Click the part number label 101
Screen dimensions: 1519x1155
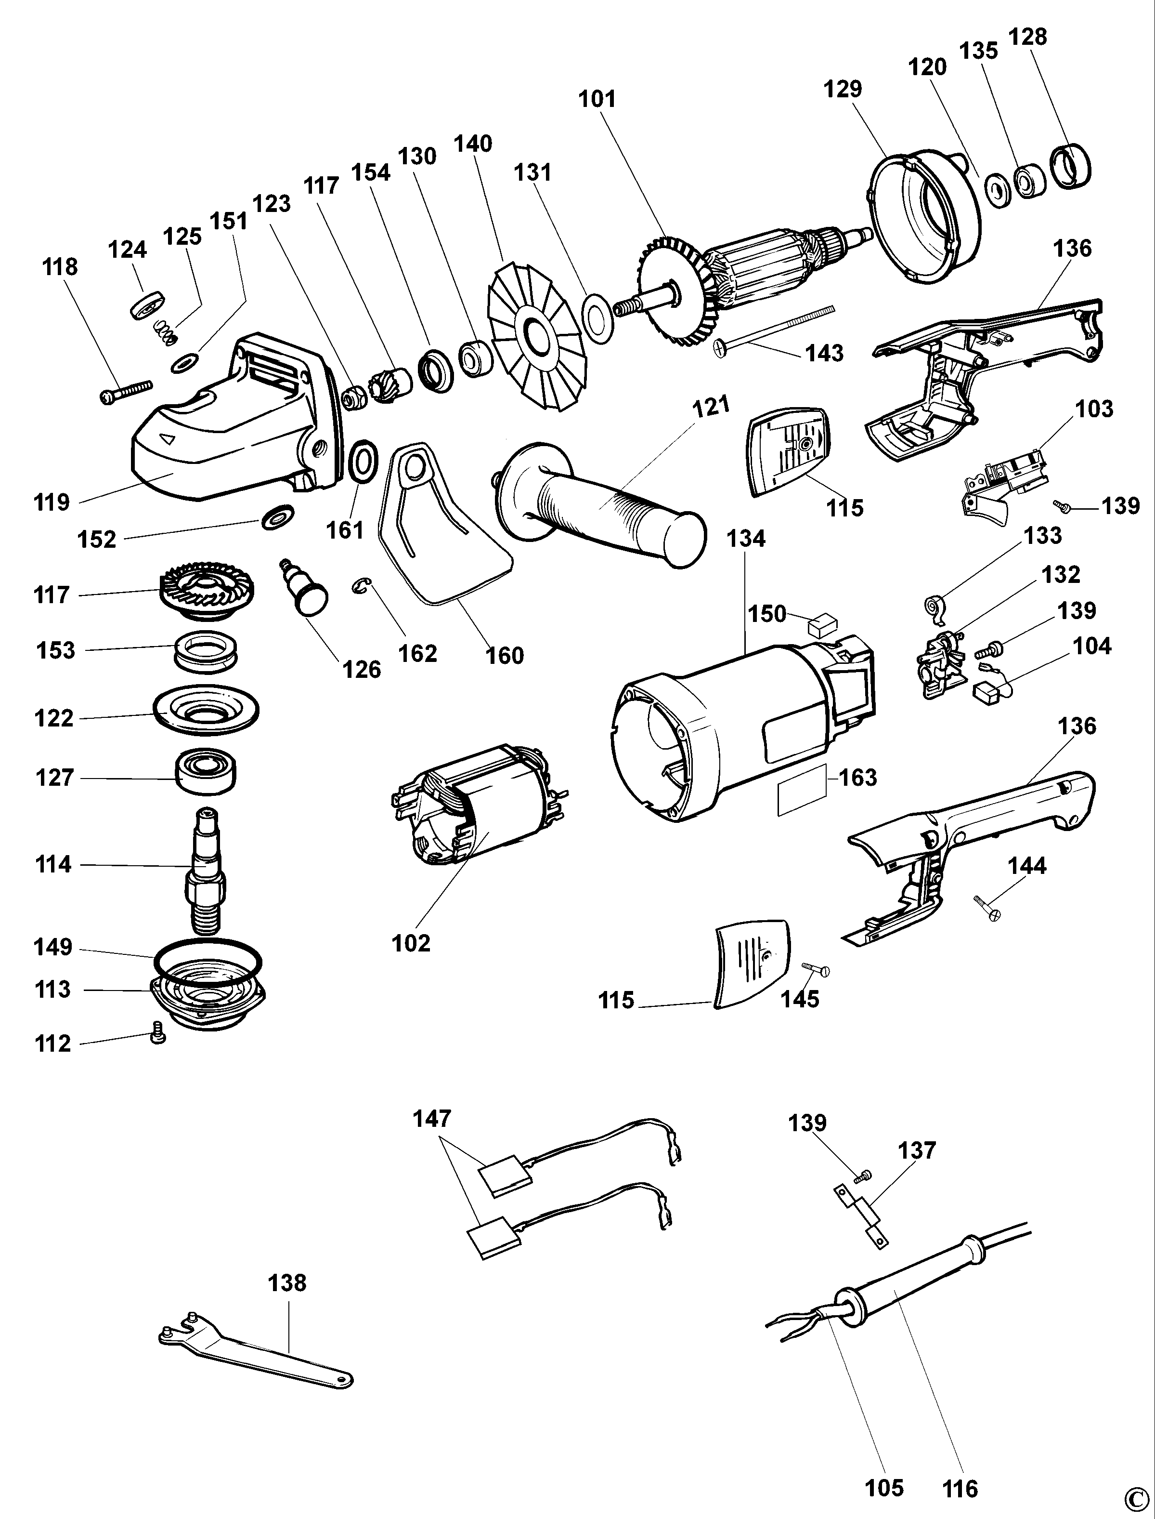point(597,99)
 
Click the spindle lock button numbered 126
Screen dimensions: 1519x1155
point(306,588)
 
